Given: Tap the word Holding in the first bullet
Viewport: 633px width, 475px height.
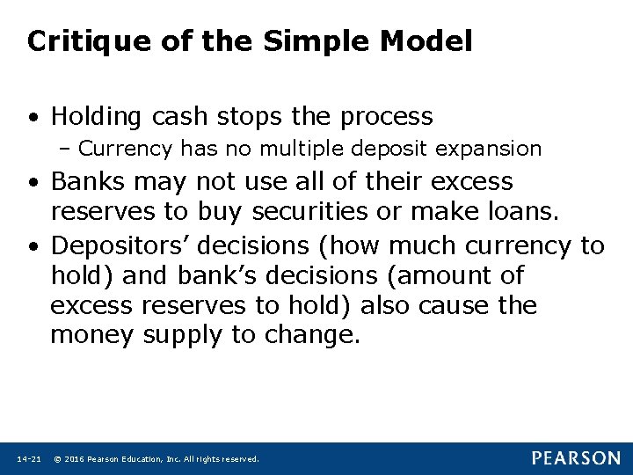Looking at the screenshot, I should pos(98,117).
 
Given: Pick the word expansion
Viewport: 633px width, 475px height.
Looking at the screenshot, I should pos(496,150).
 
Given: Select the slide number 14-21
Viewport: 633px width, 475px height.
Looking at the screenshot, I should pos(28,459).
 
